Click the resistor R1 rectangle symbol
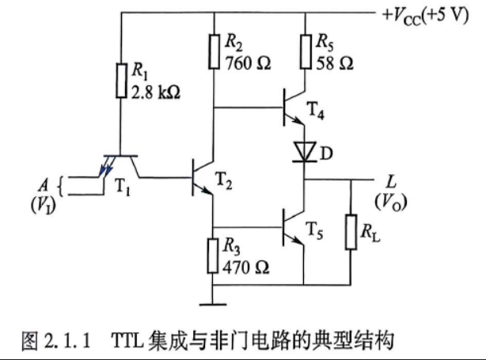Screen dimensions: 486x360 coord(122,81)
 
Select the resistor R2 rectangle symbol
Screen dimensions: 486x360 coord(215,51)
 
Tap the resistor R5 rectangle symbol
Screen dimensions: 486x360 coord(306,51)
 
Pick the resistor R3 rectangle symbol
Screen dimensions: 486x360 coord(213,256)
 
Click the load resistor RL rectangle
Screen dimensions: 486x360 coord(351,232)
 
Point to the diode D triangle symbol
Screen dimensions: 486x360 coord(305,151)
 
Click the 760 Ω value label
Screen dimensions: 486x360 coord(248,63)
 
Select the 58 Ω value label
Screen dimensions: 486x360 coord(335,63)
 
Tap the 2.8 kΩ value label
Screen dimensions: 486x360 coord(156,93)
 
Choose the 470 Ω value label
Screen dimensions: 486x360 coord(246,267)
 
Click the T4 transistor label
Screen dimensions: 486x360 coord(316,110)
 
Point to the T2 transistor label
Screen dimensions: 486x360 coord(223,180)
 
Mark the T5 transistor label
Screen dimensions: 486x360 coord(315,230)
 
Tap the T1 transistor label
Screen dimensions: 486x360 coord(123,187)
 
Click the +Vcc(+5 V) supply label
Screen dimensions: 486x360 coord(426,16)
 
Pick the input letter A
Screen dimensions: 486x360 coord(44,185)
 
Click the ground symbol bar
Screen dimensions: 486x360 coord(213,305)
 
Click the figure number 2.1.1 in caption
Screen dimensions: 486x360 coord(67,340)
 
